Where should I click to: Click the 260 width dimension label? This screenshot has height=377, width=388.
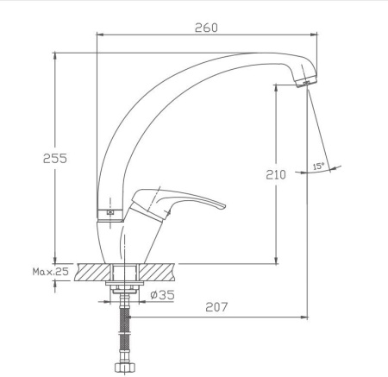[x=206, y=28]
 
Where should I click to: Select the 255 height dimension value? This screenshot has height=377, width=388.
[x=55, y=159]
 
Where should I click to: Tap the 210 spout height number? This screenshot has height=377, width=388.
[x=276, y=174]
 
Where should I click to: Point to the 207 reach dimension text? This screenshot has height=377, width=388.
[x=216, y=307]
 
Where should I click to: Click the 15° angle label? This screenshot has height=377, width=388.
[x=318, y=166]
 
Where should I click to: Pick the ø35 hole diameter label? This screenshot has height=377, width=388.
[x=162, y=295]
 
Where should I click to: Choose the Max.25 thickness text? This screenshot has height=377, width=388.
[x=51, y=272]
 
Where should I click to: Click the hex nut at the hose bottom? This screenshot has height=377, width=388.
[x=124, y=367]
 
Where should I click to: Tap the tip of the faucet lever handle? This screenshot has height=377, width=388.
[x=224, y=206]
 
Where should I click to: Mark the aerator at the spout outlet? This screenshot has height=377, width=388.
[x=307, y=82]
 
